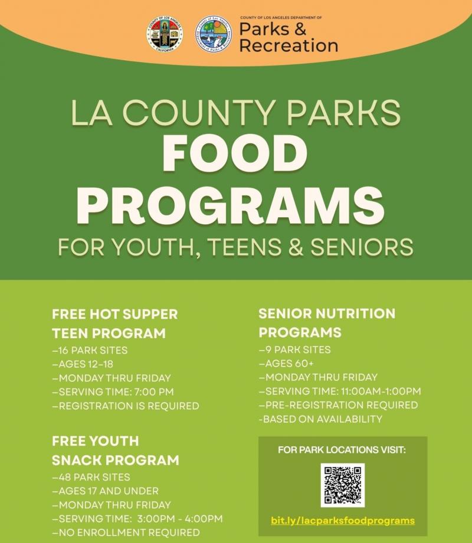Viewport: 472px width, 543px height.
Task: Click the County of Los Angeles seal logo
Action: (x=165, y=34)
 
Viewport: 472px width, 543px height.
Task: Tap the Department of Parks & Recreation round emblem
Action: (x=214, y=34)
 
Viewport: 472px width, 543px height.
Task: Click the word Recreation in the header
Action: (x=289, y=45)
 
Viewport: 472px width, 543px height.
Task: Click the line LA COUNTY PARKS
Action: (x=235, y=113)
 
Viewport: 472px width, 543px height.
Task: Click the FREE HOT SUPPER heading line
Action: (x=114, y=314)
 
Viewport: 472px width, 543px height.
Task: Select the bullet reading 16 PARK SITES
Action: (x=90, y=350)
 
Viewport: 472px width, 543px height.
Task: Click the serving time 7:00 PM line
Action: (x=113, y=392)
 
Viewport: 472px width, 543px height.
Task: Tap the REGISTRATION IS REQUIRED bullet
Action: (x=126, y=406)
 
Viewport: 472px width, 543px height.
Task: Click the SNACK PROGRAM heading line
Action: (x=115, y=460)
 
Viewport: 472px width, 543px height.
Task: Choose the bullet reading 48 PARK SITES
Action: (x=91, y=477)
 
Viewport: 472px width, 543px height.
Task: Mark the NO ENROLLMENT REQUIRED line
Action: (x=126, y=532)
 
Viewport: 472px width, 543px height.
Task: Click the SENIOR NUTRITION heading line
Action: (x=326, y=313)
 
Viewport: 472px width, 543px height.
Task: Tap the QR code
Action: (x=342, y=485)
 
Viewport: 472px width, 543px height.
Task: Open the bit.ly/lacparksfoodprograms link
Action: (x=342, y=521)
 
